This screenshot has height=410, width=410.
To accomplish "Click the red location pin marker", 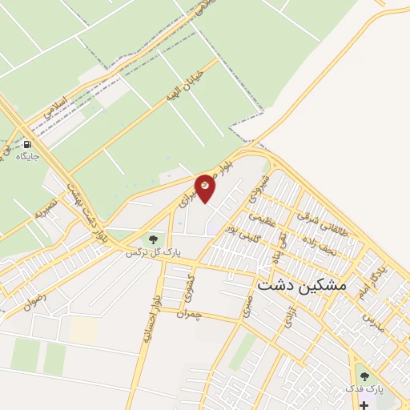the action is [x=206, y=187].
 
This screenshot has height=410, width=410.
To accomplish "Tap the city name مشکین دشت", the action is [x=301, y=283].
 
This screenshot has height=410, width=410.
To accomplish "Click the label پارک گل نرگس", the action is [x=147, y=252].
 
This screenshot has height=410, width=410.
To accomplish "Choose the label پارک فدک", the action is [x=369, y=388].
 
